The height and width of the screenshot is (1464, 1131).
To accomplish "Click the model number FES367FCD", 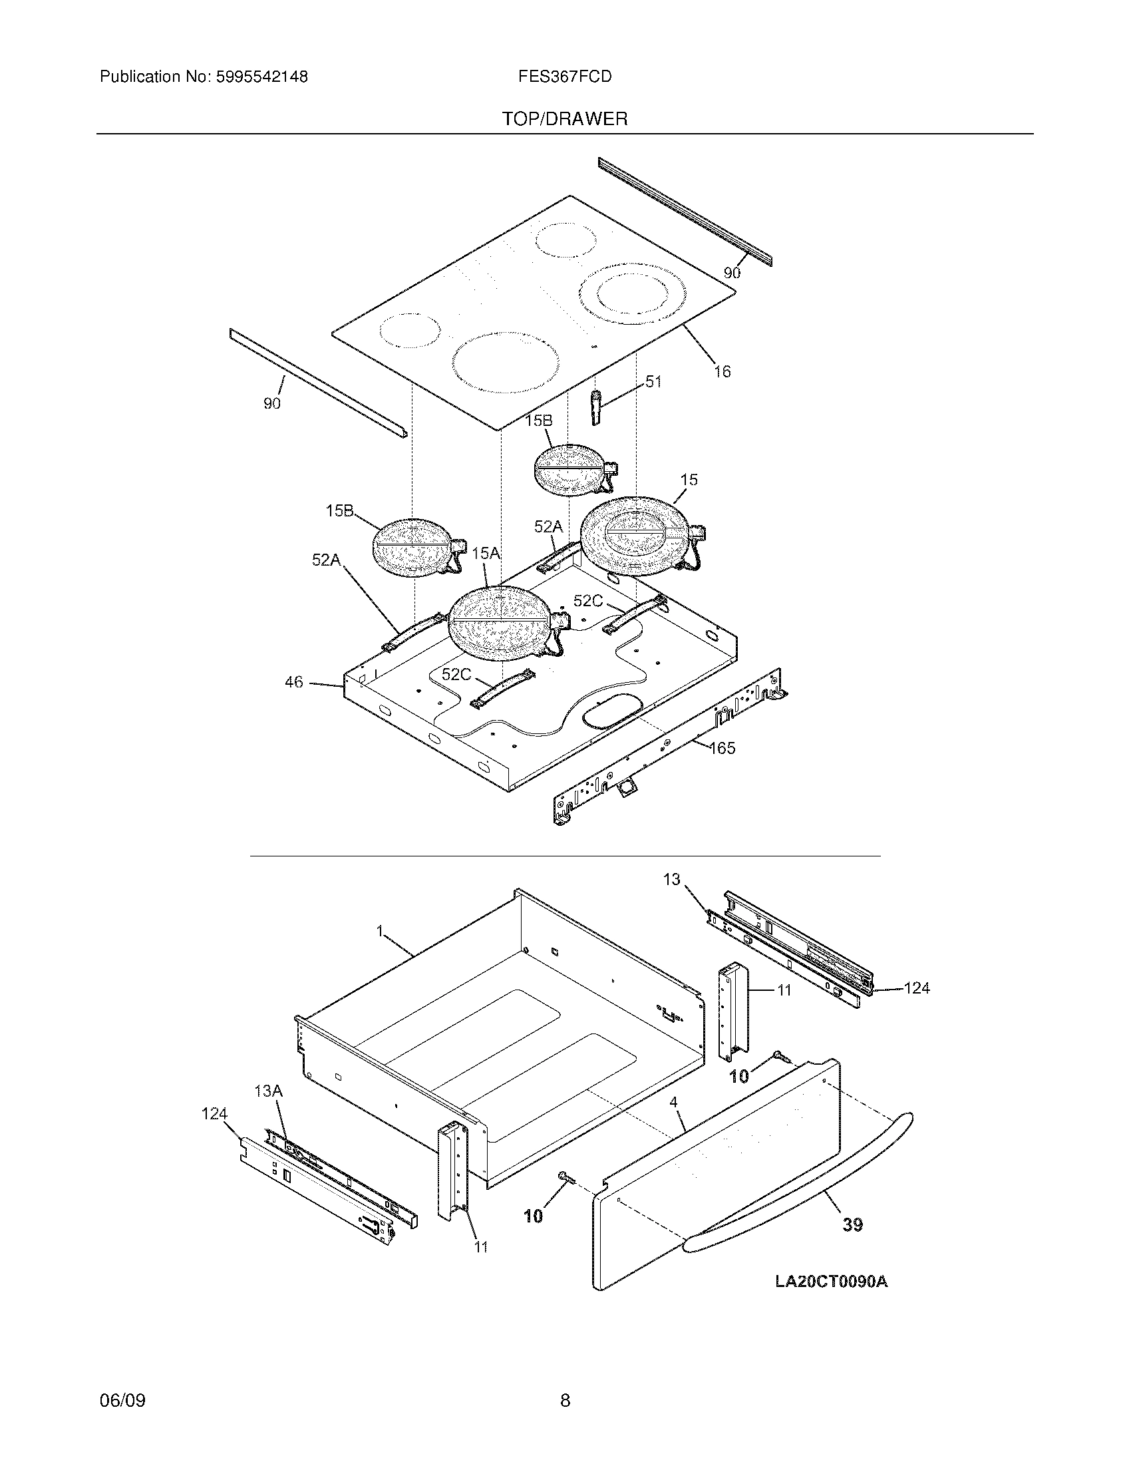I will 564,77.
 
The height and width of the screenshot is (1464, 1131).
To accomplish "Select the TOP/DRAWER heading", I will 565,119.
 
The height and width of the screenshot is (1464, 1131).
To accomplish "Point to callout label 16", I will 722,371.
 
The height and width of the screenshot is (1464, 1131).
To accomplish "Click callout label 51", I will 653,382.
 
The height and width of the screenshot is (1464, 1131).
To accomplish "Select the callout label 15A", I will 486,553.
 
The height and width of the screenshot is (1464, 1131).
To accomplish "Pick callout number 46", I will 294,682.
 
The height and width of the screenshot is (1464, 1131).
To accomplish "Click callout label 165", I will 722,748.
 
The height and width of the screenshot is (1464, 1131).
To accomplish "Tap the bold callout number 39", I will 852,1225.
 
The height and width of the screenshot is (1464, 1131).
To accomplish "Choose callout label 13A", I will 268,1091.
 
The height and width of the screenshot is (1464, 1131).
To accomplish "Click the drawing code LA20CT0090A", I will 831,1282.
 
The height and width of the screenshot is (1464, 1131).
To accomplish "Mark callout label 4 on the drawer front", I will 673,1102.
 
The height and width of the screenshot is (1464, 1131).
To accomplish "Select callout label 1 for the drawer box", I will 379,931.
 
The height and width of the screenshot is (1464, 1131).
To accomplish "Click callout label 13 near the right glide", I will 671,880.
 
